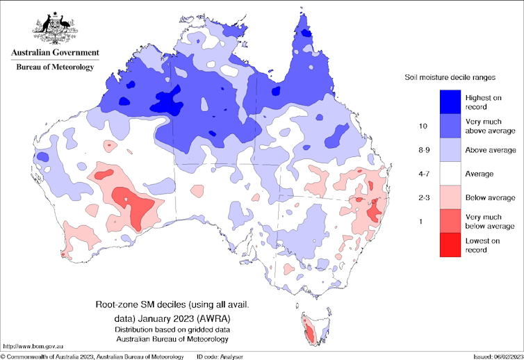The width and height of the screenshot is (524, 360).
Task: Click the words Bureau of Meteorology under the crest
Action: pos(55,67)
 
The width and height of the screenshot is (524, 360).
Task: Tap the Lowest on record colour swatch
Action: pos(452,245)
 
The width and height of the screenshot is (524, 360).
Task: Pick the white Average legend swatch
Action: pos(452,173)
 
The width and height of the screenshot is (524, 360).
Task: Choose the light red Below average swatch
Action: pos(452,197)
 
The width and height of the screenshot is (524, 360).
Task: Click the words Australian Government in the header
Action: pos(55,53)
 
